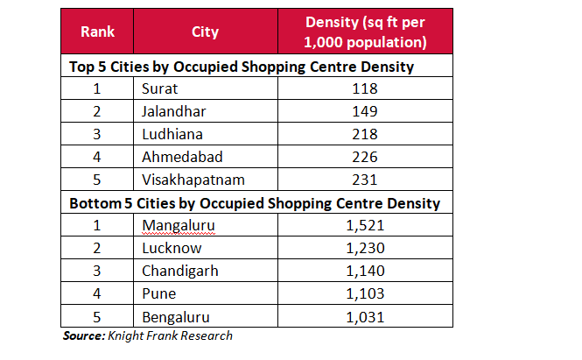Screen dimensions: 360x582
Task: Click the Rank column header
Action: tap(98, 32)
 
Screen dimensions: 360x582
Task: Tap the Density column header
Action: tap(366, 32)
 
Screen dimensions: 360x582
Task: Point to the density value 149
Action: tap(365, 111)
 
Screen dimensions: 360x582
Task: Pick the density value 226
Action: tap(365, 157)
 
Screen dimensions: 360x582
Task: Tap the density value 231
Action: tap(365, 180)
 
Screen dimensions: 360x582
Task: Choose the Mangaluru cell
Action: tap(178, 225)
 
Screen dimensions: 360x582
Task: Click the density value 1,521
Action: tap(365, 225)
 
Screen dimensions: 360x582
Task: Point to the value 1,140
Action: tap(365, 271)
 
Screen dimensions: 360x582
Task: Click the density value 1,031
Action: tap(365, 316)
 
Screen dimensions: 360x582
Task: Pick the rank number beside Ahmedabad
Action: tap(98, 157)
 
